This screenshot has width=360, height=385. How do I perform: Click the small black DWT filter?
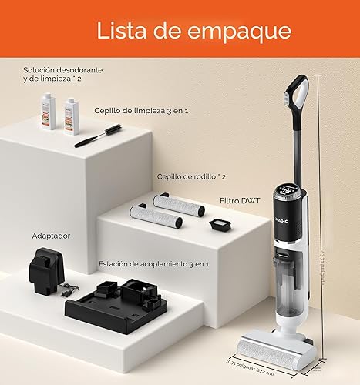pos(220,226)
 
